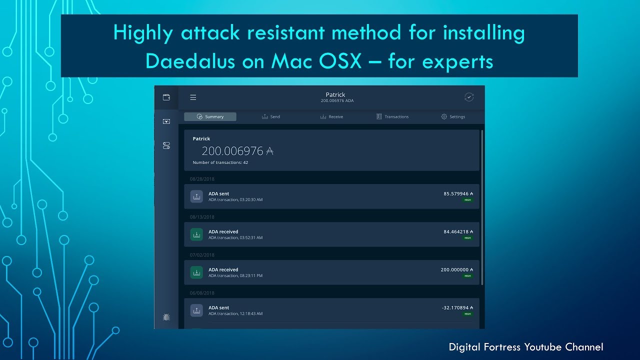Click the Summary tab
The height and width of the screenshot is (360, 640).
(210, 116)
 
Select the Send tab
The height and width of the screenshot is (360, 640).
(271, 116)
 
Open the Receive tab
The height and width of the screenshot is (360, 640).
(331, 116)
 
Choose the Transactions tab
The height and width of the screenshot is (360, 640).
(392, 116)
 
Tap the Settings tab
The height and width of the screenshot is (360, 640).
(453, 116)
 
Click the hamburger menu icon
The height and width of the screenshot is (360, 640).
(193, 97)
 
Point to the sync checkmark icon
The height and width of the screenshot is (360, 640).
(469, 97)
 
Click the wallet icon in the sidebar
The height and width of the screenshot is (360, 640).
(166, 97)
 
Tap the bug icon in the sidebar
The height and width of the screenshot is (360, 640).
(166, 317)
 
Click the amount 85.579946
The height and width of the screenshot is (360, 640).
(456, 193)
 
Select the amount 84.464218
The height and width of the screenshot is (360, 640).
(456, 231)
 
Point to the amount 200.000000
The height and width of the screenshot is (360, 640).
(454, 269)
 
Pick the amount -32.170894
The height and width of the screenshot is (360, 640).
(455, 307)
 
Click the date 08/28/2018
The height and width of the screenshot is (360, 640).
(202, 178)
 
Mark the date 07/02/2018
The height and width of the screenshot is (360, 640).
(202, 255)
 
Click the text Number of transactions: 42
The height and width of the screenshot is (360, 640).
(220, 162)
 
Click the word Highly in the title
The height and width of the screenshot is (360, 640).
(142, 32)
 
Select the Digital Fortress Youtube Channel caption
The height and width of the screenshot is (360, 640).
(525, 347)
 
